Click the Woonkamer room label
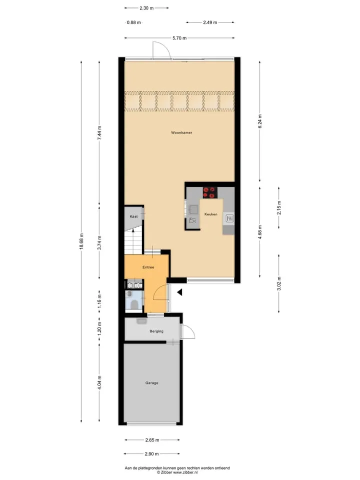pos(181,132)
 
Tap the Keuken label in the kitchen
pos(211,214)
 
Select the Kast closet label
pos(133,216)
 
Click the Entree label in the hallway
pos(148,267)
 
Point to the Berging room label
pos(156,331)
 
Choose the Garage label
pos(152,383)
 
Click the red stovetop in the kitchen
pos(210,192)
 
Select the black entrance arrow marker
pos(179,292)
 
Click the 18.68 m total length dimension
pos(81,241)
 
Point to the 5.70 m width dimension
pos(179,38)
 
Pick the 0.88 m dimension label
pos(134,22)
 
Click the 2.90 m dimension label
pos(152,453)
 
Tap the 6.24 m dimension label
pos(260,121)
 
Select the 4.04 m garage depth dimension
pos(99,383)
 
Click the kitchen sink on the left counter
pos(194,209)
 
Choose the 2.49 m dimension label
pos(210,22)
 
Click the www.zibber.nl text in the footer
pos(185,472)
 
